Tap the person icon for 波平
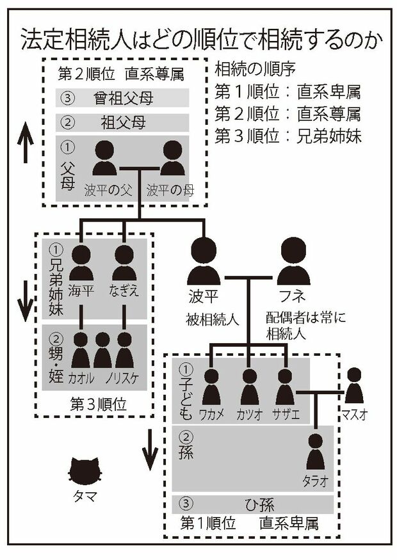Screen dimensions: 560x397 204,262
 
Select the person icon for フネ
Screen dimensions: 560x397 294,262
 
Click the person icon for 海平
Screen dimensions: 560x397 81,263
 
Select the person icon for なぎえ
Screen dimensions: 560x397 124,263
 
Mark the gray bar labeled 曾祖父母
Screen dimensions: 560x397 122,98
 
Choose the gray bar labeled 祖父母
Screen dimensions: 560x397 122,121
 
